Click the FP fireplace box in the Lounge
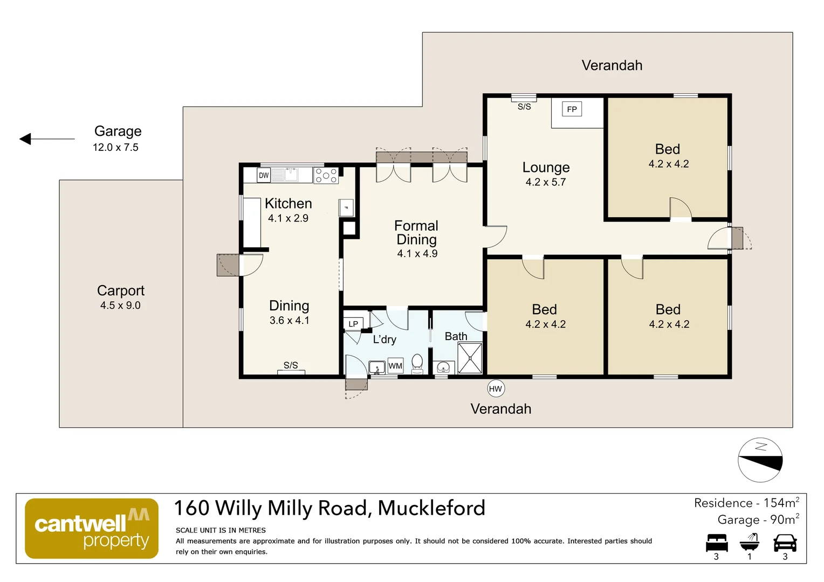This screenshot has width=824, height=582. pyautogui.click(x=572, y=109)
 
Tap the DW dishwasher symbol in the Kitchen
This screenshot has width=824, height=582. pyautogui.click(x=263, y=175)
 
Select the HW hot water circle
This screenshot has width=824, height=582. pyautogui.click(x=496, y=389)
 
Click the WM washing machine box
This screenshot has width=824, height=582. pyautogui.click(x=395, y=366)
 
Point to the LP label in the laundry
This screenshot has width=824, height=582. pyautogui.click(x=353, y=324)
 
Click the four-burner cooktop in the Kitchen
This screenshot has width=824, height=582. pyautogui.click(x=326, y=175)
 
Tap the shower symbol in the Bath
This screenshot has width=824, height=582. pyautogui.click(x=470, y=358)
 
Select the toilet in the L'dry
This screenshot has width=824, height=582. pyautogui.click(x=417, y=364)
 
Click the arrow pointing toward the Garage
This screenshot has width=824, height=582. pyautogui.click(x=47, y=139)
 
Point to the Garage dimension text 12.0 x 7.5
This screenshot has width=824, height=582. pyautogui.click(x=115, y=148)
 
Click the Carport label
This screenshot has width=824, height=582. pyautogui.click(x=121, y=290)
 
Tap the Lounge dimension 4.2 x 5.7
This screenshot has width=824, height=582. pyautogui.click(x=546, y=182)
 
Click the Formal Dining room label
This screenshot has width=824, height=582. pyautogui.click(x=417, y=232)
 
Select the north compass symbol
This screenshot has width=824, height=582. pyautogui.click(x=760, y=460)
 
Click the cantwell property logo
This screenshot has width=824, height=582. pyautogui.click(x=92, y=528)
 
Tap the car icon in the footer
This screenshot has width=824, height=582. pyautogui.click(x=785, y=543)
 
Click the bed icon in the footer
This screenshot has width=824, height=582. pyautogui.click(x=717, y=543)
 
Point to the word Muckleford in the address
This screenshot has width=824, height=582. pyautogui.click(x=431, y=508)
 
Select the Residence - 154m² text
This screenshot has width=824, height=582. pyautogui.click(x=747, y=503)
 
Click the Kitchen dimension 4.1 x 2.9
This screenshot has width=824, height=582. pyautogui.click(x=288, y=218)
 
